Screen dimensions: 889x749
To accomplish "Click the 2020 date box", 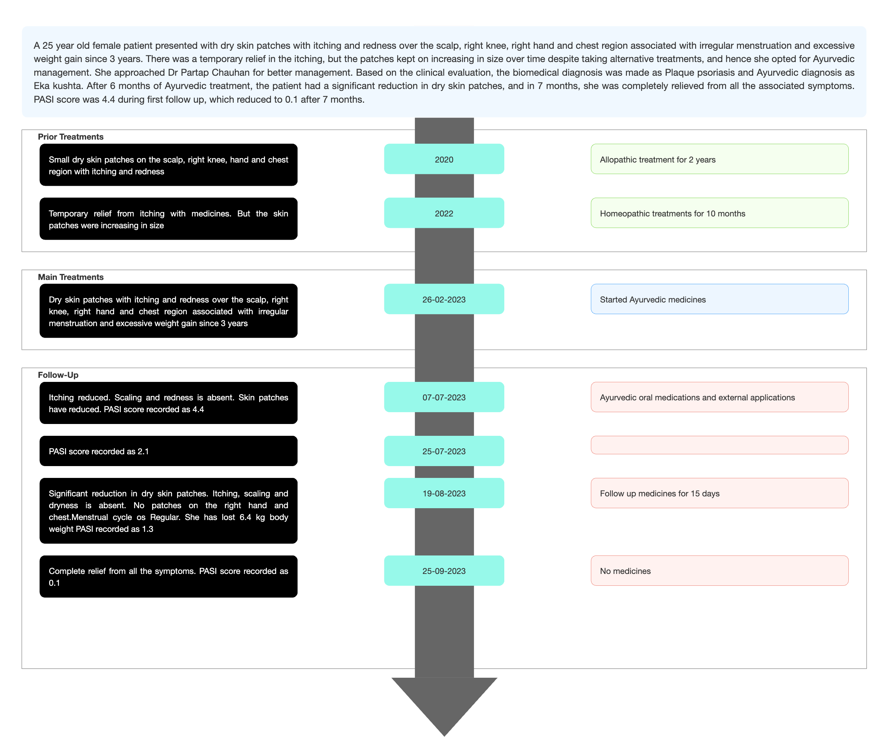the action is pos(444,159).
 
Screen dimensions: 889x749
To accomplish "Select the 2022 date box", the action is pos(444,213).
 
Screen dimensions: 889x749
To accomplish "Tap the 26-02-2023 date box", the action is pos(444,299).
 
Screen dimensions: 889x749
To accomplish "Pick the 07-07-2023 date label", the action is pos(444,397).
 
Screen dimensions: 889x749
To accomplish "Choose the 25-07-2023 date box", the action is pos(444,451).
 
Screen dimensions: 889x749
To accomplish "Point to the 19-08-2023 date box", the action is pos(444,493).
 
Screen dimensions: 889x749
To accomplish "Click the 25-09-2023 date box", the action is pos(444,571).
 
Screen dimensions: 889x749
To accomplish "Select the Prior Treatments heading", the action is pos(71,137).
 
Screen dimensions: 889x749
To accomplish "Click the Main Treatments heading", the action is pos(71,277).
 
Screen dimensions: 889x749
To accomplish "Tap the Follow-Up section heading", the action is pos(58,375).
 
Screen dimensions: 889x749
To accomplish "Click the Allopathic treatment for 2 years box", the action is pos(719,159).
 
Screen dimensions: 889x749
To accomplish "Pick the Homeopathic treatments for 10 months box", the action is pos(719,213).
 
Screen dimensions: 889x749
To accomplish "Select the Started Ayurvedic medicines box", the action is pos(719,299).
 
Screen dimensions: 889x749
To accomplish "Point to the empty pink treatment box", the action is pos(719,445).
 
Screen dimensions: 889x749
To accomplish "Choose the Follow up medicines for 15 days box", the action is pos(719,493).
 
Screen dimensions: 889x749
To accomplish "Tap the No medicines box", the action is pos(719,571).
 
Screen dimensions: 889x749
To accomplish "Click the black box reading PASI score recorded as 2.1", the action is pos(168,451).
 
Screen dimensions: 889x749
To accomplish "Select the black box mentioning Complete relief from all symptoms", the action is pos(168,577).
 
